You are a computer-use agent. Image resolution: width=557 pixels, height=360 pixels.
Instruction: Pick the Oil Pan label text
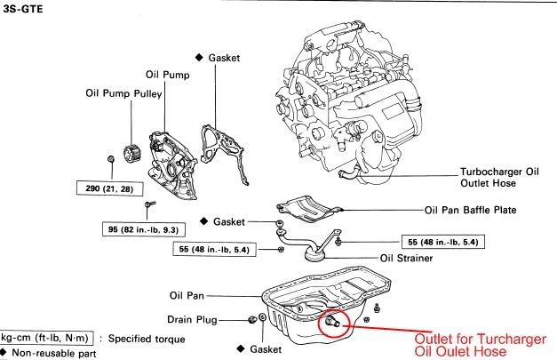[188, 296]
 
